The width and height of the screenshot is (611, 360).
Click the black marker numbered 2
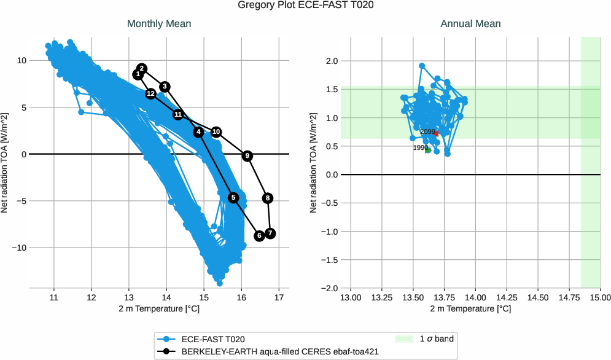pos(142,68)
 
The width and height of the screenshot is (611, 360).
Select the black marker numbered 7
pos(270,233)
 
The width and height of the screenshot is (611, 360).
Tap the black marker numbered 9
pos(247,156)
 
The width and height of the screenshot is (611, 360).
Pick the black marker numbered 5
pos(233,198)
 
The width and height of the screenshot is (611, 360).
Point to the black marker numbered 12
pos(150,93)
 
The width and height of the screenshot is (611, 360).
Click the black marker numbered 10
pos(216,132)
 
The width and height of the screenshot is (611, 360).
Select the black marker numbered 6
pos(259,236)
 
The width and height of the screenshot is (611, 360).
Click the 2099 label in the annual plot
pos(428,131)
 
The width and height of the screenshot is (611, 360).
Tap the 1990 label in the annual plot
pos(420,148)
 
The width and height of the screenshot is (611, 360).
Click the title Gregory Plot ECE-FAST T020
pos(305,6)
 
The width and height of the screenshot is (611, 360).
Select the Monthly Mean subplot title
pos(158,24)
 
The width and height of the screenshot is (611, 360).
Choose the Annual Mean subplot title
pos(470,24)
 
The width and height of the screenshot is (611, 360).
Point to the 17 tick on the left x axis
pos(279,297)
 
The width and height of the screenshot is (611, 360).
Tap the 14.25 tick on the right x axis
pos(507,297)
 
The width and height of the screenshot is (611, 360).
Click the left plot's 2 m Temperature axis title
pos(159,308)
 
